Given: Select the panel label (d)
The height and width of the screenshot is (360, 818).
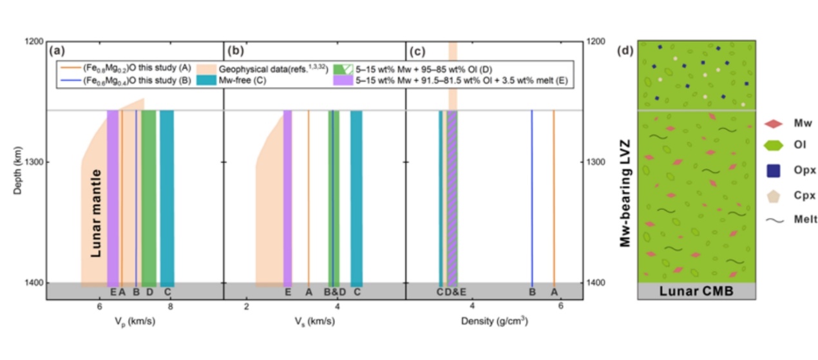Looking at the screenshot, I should coord(625,50).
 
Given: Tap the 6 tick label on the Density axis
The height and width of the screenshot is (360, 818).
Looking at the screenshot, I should coord(560,306).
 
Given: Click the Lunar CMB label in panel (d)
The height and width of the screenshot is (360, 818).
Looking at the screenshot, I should coord(695,291).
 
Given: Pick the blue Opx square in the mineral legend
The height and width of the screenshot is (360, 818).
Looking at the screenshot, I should coord(774,170).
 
